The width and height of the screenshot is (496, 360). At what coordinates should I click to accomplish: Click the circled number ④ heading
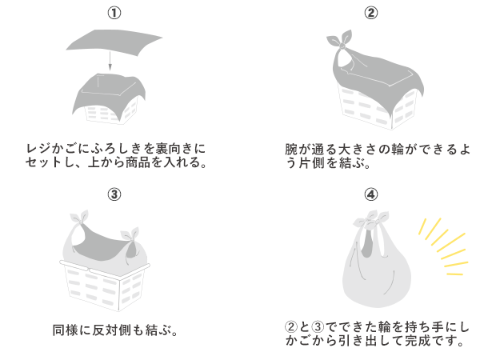(370, 194)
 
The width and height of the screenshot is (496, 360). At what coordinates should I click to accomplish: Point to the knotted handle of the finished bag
(370, 223)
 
